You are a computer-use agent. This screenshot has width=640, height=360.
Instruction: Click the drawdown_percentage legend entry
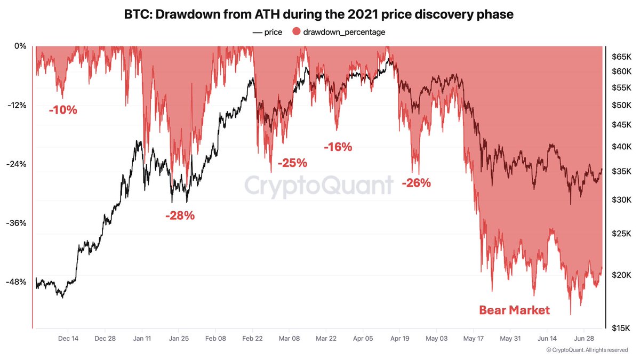[339, 32]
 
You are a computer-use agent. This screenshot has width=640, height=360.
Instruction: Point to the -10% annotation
[63, 111]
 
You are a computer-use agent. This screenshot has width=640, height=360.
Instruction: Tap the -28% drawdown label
[180, 216]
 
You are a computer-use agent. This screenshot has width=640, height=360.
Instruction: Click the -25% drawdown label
[292, 162]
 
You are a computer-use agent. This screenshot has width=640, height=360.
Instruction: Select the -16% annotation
[338, 147]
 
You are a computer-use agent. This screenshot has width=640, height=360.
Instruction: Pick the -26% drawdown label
[416, 183]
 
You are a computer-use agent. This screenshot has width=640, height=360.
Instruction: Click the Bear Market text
[514, 310]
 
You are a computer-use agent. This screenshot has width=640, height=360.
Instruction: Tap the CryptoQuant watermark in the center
[319, 186]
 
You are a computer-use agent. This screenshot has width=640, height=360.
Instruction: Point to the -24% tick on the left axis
[16, 164]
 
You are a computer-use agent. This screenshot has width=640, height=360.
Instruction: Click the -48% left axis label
[16, 282]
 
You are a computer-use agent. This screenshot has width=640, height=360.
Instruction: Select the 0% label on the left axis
[20, 46]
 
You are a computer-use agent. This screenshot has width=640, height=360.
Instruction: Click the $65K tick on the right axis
[621, 56]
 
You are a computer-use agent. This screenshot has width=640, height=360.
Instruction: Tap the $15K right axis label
[621, 328]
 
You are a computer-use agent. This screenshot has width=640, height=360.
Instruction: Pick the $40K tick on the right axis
[621, 147]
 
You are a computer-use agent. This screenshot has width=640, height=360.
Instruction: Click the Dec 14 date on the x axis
[68, 338]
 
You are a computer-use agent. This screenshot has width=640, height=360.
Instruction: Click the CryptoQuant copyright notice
[587, 350]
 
